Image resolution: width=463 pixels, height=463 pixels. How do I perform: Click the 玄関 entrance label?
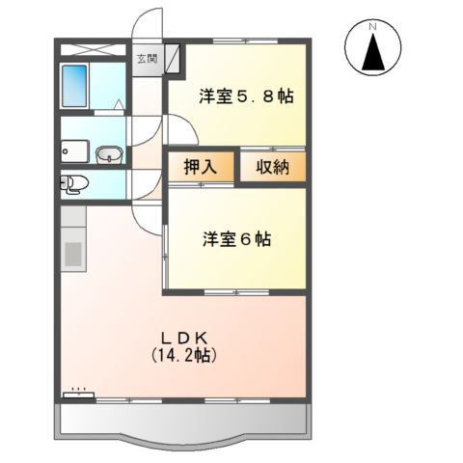[x=147, y=58]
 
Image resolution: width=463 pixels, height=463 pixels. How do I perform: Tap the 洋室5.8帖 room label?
[x=247, y=95]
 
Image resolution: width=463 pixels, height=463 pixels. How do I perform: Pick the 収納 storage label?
[x=272, y=166]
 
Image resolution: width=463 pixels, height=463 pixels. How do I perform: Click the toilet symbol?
[x=74, y=182]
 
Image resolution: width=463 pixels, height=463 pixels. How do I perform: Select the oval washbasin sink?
[x=108, y=152]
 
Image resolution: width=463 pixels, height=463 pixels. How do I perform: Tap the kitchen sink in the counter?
[x=73, y=257]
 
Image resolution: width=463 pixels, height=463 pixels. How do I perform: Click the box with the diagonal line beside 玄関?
[x=172, y=57]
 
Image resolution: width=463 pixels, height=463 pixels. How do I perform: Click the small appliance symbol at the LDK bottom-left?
[x=76, y=393]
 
